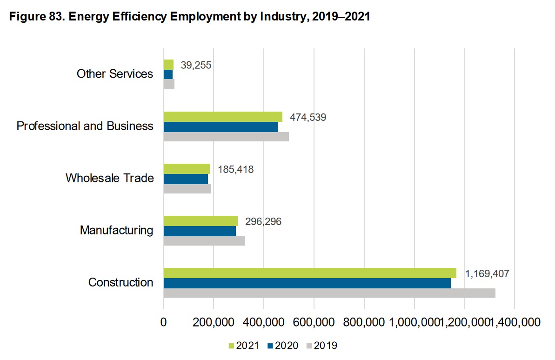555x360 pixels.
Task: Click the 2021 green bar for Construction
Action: pyautogui.click(x=309, y=273)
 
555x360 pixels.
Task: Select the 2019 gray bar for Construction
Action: pyautogui.click(x=329, y=293)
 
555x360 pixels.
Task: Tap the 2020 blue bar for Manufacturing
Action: pyautogui.click(x=200, y=231)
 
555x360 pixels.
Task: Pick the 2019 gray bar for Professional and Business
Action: pyautogui.click(x=226, y=137)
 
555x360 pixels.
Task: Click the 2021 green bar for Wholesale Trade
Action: pyautogui.click(x=187, y=168)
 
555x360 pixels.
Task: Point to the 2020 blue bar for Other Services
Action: pyautogui.click(x=168, y=74)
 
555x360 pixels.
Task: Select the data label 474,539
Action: pyautogui.click(x=308, y=117)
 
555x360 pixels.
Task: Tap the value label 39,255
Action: pyautogui.click(x=196, y=65)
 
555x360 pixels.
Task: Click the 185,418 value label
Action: pyautogui.click(x=235, y=169)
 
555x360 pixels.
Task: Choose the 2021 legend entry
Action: pyautogui.click(x=243, y=346)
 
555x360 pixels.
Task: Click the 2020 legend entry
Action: pyautogui.click(x=282, y=346)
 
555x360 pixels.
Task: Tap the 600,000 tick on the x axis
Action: pyautogui.click(x=314, y=322)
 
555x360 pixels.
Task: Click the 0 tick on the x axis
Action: pyautogui.click(x=163, y=322)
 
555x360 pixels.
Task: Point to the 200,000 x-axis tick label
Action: pyautogui.click(x=214, y=322)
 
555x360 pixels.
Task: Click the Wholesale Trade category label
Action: pyautogui.click(x=109, y=178)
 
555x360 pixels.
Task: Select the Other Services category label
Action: pyautogui.click(x=115, y=74)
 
